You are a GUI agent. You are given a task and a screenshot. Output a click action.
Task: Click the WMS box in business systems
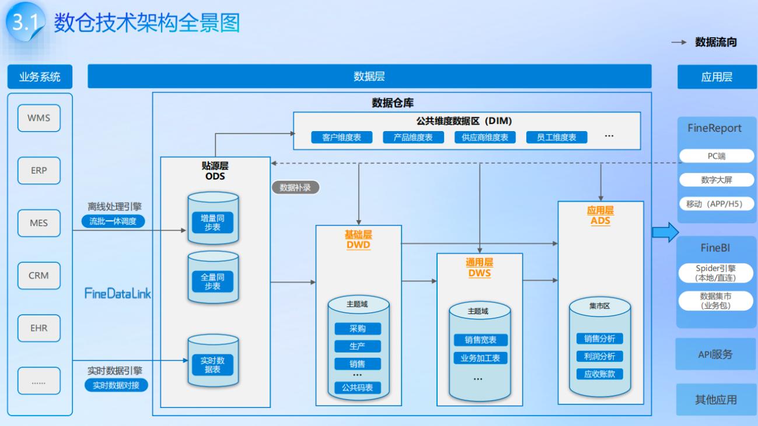[x=39, y=118]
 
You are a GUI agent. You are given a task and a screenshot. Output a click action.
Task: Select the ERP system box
[x=39, y=171]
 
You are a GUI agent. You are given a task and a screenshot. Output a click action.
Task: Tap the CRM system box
[x=39, y=276]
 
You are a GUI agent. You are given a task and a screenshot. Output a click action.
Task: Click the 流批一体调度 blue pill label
[x=113, y=221]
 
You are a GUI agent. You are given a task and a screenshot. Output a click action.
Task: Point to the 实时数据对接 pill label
[x=117, y=385]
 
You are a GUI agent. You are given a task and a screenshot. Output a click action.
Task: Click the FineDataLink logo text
[x=117, y=294]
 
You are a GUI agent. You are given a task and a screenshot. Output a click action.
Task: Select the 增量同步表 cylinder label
[x=213, y=222]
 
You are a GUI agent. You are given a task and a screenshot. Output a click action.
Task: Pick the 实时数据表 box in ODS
[x=213, y=365]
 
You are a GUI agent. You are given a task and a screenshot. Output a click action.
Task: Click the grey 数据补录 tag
[x=295, y=188]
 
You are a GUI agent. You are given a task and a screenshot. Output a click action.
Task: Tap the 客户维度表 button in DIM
[x=337, y=138]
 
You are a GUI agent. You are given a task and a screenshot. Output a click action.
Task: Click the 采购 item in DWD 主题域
[x=357, y=329]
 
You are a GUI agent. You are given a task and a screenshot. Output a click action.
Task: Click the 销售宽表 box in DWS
[x=480, y=340]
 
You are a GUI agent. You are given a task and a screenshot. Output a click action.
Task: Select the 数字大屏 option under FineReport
[x=716, y=180]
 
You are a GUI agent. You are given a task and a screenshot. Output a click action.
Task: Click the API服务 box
[x=715, y=354]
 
